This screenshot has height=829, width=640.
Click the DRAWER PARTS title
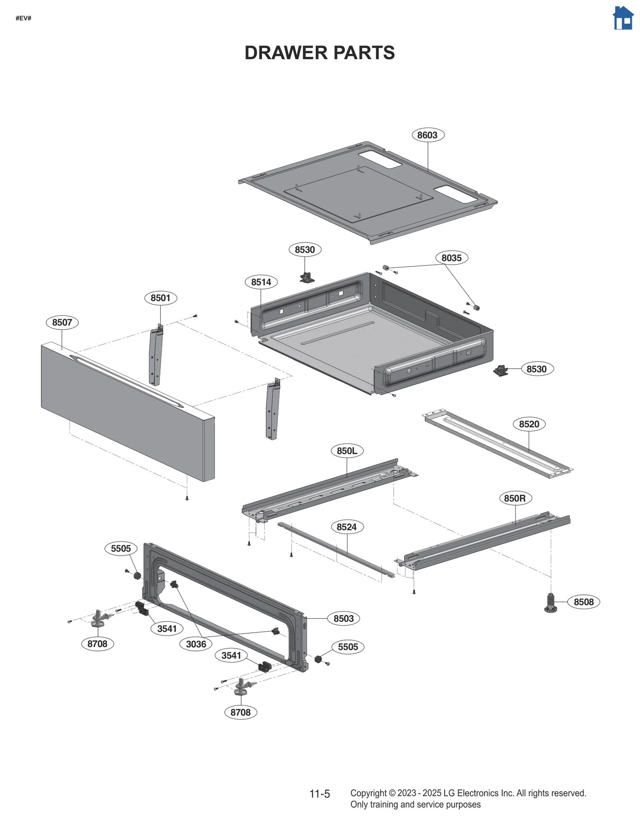tap(319, 53)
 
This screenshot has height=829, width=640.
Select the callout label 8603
tap(428, 135)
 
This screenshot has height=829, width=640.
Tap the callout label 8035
tap(451, 258)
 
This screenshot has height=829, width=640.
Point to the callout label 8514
tap(261, 282)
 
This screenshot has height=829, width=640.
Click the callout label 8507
tap(62, 322)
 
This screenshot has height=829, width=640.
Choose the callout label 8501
tap(160, 298)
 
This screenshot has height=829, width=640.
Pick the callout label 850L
tap(347, 451)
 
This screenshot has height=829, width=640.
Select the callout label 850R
tap(515, 498)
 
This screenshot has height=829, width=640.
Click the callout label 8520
tap(529, 424)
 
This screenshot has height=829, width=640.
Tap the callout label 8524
tap(347, 527)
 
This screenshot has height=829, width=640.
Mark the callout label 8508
tap(583, 602)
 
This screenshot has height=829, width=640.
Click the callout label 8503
tap(344, 618)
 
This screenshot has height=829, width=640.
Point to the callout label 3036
tap(196, 644)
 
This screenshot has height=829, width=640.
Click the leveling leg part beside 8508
tap(551, 603)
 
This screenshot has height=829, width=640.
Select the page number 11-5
tap(320, 794)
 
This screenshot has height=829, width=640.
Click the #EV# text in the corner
tap(23, 18)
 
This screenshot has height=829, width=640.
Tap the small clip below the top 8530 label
tap(307, 277)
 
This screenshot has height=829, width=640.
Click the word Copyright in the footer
tap(368, 793)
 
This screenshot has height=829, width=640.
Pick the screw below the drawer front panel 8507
tap(187, 498)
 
